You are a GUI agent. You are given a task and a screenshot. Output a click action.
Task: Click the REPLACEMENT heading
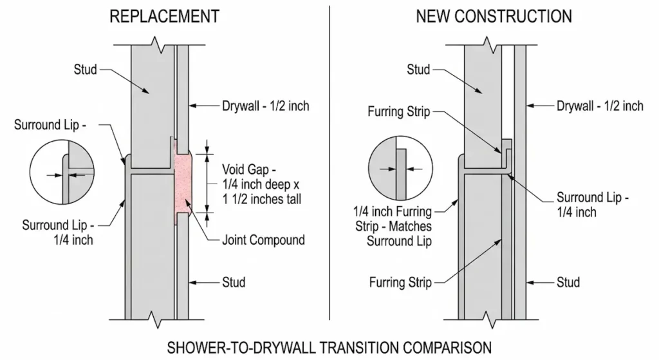(165, 16)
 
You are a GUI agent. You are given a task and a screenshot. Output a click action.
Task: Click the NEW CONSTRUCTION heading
(494, 16)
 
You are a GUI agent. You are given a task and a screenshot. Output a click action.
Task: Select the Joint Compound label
(263, 240)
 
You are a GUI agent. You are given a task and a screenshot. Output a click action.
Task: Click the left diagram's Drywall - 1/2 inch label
(266, 106)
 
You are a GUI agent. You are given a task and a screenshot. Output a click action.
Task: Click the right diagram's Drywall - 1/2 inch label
(600, 106)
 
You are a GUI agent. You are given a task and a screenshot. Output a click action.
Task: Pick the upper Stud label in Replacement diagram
(85, 68)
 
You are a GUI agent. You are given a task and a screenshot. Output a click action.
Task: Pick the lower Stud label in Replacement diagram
(233, 282)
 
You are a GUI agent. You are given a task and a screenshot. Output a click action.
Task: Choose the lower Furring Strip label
(400, 282)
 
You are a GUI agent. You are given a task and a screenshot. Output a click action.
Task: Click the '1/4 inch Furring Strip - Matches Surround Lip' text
(393, 226)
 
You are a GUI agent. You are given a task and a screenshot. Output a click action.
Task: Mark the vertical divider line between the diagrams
(329, 161)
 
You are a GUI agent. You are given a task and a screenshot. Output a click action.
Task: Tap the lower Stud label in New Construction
(568, 282)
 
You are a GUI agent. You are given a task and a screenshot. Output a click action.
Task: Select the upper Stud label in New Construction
(419, 68)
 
